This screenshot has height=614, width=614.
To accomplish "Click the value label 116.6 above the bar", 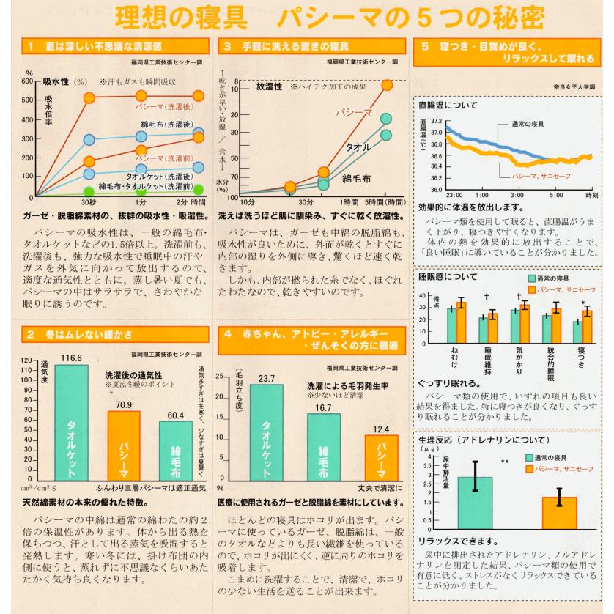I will (71, 358).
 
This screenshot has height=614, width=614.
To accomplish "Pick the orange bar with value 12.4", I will (382, 458).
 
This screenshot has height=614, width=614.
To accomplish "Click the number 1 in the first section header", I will (32, 46).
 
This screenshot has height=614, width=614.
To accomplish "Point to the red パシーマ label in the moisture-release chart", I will (350, 112).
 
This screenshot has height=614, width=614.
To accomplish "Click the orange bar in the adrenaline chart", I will (559, 512).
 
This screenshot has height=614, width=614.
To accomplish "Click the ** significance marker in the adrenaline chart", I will (505, 462).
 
